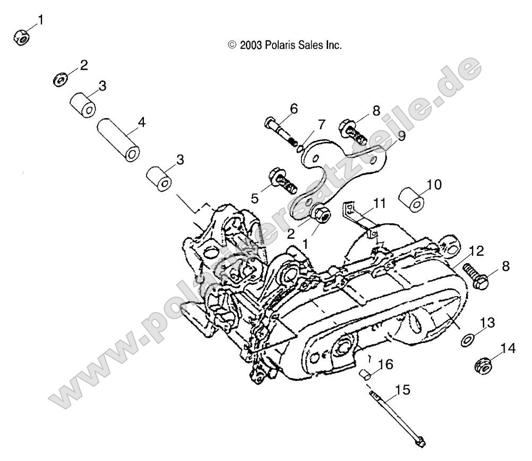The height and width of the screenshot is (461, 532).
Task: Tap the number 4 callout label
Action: tap(141, 122)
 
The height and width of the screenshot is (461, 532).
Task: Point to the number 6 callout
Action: tap(294, 108)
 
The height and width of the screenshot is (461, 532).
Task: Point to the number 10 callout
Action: tap(434, 185)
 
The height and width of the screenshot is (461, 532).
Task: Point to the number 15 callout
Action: tap(402, 391)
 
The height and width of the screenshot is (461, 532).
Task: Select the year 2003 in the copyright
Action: tap(249, 46)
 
